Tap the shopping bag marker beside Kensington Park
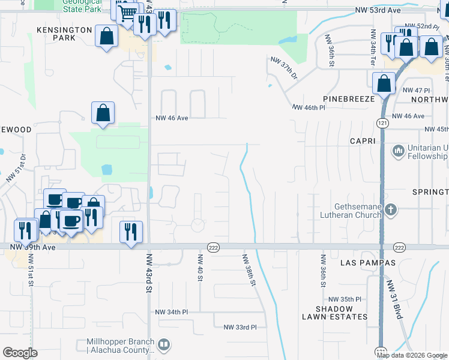pyautogui.click(x=106, y=36)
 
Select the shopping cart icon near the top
pyautogui.click(x=127, y=13)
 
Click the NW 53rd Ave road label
pyautogui.click(x=377, y=10)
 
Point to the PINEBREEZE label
pyautogui.click(x=348, y=98)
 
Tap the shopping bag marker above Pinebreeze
pyautogui.click(x=384, y=84)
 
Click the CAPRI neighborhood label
pyautogui.click(x=363, y=141)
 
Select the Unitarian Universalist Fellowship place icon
pyautogui.click(x=397, y=150)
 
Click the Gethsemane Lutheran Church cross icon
pyautogui.click(x=391, y=209)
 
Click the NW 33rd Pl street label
pyautogui.click(x=240, y=327)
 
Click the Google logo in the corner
pyautogui.click(x=20, y=353)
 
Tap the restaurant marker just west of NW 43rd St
pyautogui.click(x=131, y=232)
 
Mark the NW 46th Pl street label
pyautogui.click(x=309, y=108)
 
